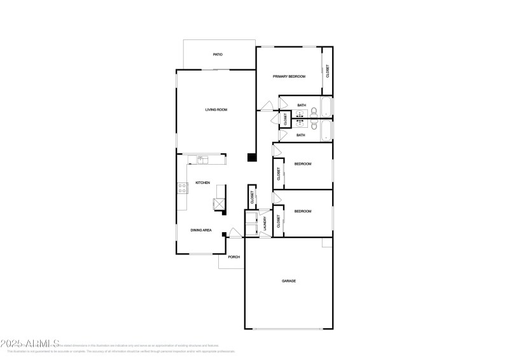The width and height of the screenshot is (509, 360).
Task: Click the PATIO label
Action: (218, 55)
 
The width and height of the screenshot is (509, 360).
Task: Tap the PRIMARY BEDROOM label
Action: (289, 76)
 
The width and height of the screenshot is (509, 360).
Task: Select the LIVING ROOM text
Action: (216, 109)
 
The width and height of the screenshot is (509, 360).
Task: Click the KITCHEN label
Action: (202, 183)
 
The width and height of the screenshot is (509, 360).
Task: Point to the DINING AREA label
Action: (201, 230)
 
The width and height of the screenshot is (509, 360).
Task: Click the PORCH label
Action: (234, 257)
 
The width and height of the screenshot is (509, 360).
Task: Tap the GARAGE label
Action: (289, 280)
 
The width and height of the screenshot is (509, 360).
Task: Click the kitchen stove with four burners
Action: (182, 188)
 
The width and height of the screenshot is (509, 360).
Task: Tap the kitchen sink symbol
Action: (202, 159)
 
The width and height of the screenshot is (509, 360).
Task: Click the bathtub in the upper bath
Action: (326, 107)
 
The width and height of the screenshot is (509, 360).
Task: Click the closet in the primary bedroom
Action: (328, 71)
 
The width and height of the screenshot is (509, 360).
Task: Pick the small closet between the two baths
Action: (284, 118)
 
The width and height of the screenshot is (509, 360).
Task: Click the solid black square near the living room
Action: (251, 156)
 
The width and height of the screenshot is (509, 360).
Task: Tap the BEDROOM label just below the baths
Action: (302, 164)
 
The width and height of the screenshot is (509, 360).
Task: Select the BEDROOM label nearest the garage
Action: (302, 211)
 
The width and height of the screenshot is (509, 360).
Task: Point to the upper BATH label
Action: (301, 105)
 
